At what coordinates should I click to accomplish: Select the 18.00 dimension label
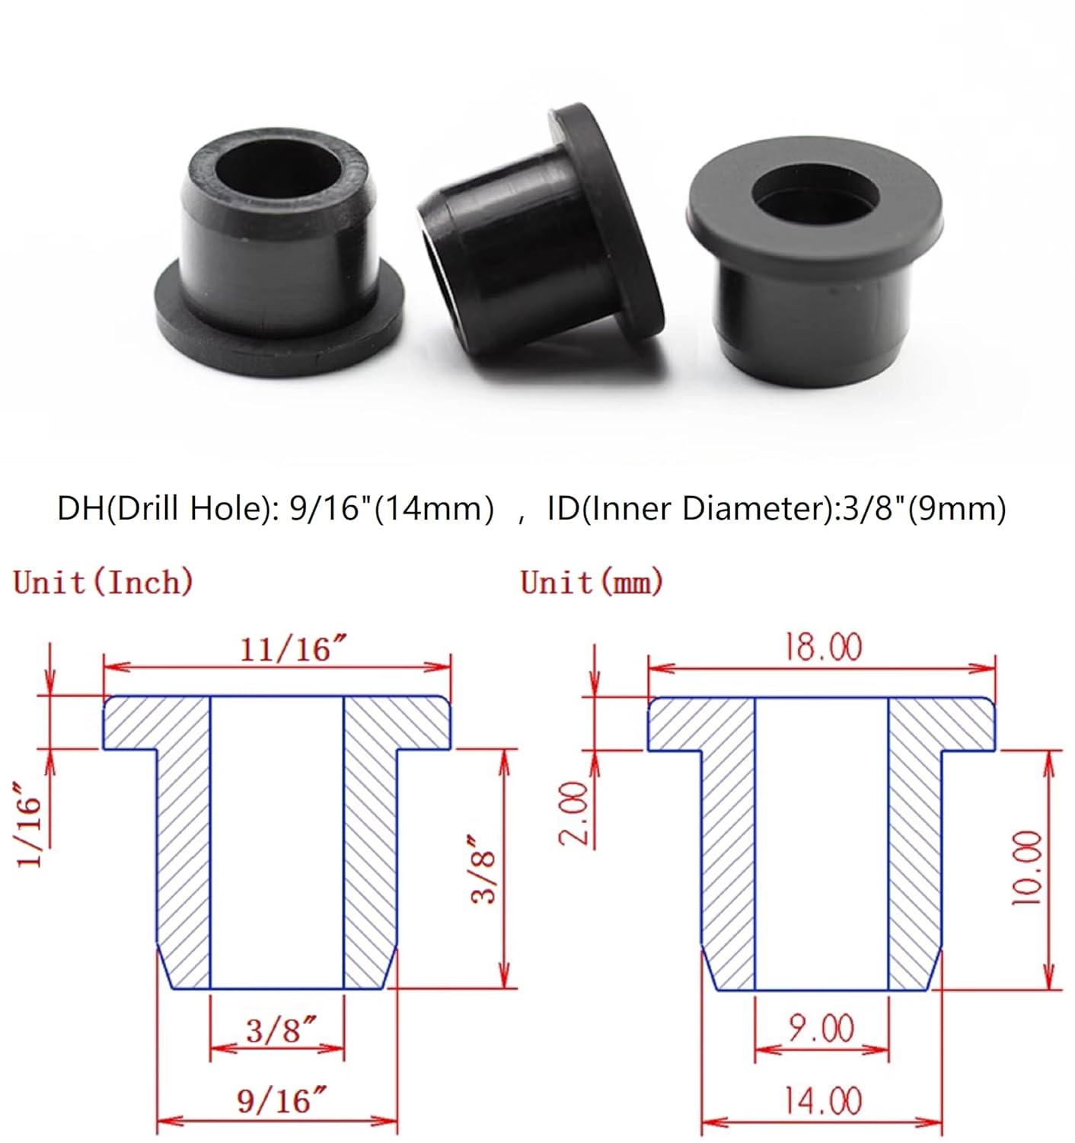pos(824,648)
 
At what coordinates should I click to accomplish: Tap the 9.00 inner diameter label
pos(821,1029)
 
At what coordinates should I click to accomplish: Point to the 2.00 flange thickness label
pos(575,812)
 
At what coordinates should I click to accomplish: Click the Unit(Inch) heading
pos(104,583)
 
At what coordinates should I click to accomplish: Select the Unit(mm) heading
pos(592,583)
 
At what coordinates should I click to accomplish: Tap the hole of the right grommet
pos(815,198)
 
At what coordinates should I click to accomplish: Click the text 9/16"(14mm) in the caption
pos(392,508)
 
